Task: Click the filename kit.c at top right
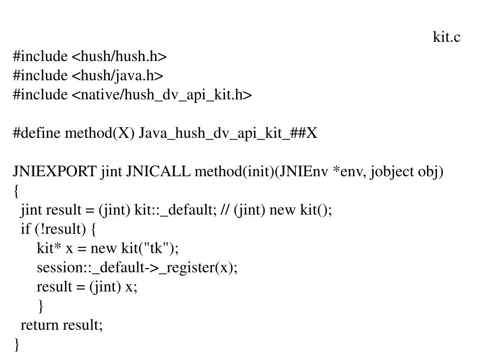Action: point(446,37)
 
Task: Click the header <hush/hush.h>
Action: point(119,57)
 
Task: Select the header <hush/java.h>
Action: point(117,76)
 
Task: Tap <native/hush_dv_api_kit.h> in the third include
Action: point(162,95)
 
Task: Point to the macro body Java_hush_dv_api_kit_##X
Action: point(228,134)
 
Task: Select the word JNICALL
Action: point(158,172)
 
